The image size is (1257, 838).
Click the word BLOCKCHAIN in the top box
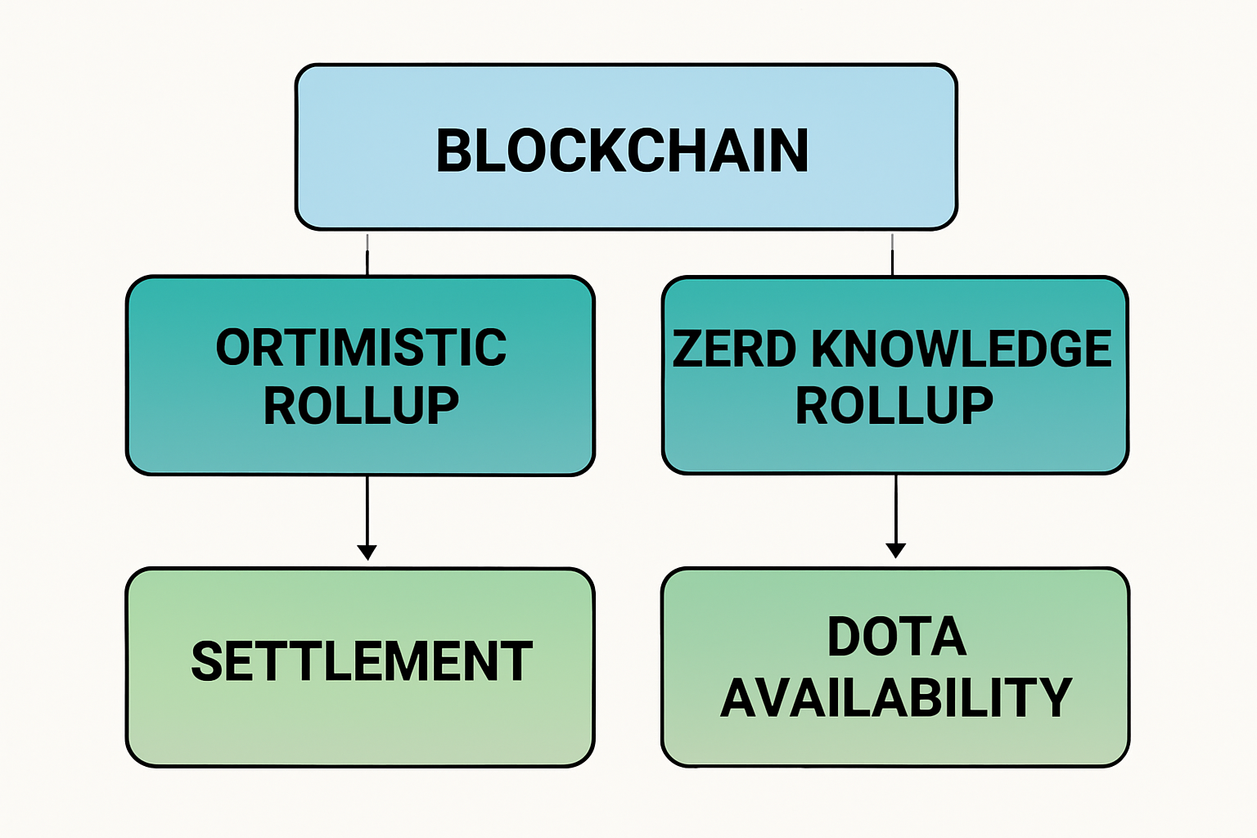click(622, 151)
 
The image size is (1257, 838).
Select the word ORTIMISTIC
click(361, 348)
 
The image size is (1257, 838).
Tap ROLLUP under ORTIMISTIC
click(361, 406)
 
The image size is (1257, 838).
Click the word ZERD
click(734, 349)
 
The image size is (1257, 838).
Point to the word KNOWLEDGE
click(962, 349)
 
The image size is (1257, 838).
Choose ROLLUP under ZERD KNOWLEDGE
click(894, 406)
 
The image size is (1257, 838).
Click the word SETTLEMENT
click(361, 661)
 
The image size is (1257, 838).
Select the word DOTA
click(897, 637)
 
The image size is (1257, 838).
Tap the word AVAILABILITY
click(896, 697)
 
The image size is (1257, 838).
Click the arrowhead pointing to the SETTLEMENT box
click(367, 552)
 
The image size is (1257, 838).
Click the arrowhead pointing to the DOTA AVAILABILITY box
click(896, 550)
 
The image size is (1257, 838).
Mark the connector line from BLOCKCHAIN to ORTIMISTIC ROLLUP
click(367, 254)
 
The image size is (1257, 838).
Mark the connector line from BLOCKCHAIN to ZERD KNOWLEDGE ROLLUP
click(892, 254)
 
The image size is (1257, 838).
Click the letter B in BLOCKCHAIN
click(453, 151)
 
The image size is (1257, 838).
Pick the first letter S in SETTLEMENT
click(207, 661)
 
